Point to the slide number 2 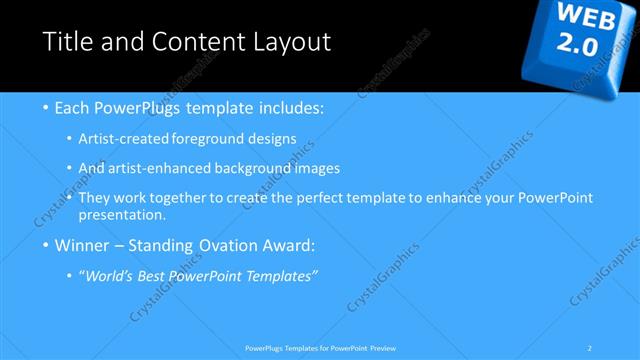[x=590, y=348]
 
